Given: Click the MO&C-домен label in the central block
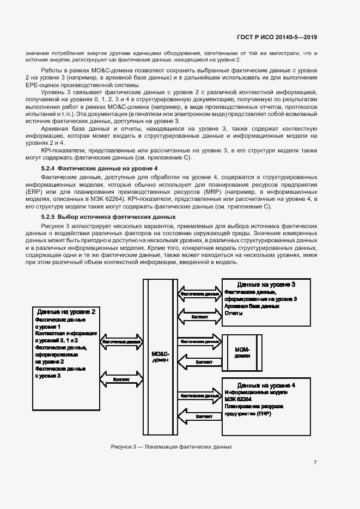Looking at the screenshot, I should tap(161, 357).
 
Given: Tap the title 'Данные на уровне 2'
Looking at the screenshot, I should tap(66, 312).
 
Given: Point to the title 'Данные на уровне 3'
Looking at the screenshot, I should tap(266, 285).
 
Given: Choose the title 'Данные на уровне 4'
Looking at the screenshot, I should tap(266, 385).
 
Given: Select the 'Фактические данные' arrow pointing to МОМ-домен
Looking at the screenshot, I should tap(199, 341).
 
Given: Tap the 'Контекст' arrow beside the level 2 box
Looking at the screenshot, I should tap(121, 379).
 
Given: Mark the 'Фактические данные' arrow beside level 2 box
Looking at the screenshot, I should tap(121, 342).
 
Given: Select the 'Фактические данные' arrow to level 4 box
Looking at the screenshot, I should tap(199, 395).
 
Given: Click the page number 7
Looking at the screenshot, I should tap(315, 463).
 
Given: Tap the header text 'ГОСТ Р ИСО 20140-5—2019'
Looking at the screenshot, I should tap(277, 38).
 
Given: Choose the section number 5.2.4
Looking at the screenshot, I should tap(48, 168).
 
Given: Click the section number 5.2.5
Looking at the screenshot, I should tap(48, 217).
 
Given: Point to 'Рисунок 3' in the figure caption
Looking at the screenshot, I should tap(124, 447).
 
